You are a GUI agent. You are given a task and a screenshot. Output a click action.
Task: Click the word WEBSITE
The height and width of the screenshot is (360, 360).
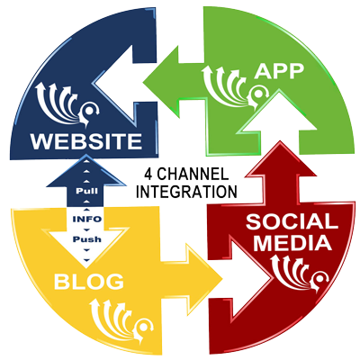coord(85,141)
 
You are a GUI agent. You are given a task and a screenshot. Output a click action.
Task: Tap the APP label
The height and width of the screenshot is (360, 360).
coord(279,71)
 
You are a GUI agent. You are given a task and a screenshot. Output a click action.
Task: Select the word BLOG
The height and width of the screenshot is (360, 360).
coord(89,282)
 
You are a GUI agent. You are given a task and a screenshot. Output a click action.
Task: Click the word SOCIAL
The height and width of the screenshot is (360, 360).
coord(290,221)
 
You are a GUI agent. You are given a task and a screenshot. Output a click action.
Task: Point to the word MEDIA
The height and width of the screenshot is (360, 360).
coord(292,243)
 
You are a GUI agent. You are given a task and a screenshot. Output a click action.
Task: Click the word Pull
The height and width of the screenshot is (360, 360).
coord(86,191)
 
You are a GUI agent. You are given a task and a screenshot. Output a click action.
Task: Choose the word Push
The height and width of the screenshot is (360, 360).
coord(87,239)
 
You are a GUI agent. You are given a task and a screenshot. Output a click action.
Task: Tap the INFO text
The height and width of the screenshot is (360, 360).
coord(87,219)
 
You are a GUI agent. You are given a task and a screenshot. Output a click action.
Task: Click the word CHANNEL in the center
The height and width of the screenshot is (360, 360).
coord(193,175)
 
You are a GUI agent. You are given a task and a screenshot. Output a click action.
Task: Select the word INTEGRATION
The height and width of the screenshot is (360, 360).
coord(187,192)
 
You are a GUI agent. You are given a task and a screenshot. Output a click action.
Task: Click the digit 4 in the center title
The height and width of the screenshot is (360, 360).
coord(148,175)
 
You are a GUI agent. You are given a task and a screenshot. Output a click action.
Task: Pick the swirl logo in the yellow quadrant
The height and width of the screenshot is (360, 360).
coord(121,319)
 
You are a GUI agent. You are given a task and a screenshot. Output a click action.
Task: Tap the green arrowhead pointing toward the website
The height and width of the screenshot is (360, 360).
coord(164,82)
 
